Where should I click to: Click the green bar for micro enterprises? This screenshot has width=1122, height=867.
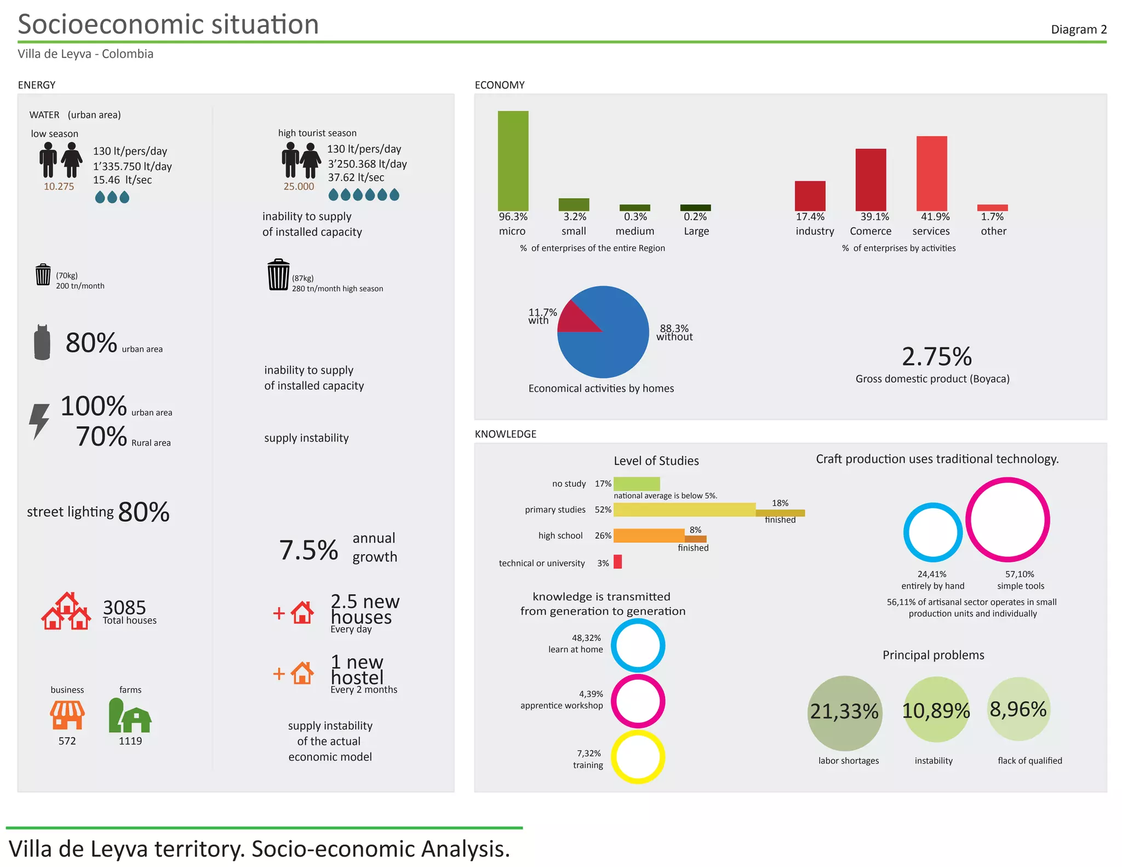(x=513, y=161)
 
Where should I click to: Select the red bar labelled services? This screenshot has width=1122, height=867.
(x=931, y=173)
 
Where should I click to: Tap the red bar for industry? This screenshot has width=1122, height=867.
(x=810, y=196)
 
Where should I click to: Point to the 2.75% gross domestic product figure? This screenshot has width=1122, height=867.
(x=936, y=357)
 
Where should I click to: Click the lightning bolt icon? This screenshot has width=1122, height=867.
(x=39, y=420)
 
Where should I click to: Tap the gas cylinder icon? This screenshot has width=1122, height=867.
(x=42, y=343)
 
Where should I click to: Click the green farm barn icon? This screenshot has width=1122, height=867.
(x=130, y=716)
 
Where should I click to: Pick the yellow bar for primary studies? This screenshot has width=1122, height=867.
(x=684, y=510)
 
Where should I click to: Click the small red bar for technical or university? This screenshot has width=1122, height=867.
(x=617, y=562)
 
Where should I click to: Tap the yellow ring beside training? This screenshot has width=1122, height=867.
(x=638, y=757)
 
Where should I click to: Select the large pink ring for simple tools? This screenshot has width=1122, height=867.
(x=1007, y=520)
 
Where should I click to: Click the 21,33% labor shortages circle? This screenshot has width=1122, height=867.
(x=844, y=712)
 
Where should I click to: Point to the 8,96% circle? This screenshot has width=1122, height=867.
(x=1018, y=709)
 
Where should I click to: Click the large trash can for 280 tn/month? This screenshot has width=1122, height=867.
(x=278, y=275)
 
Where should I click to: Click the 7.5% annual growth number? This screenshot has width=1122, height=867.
(x=308, y=550)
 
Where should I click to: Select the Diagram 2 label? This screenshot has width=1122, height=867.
(x=1078, y=30)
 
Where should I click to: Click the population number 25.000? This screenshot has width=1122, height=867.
(x=299, y=186)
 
